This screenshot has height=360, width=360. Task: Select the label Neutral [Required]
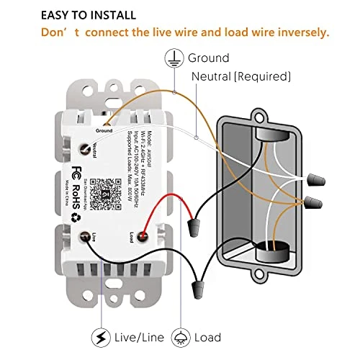tap(241, 76)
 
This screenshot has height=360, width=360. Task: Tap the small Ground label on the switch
tap(104, 131)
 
